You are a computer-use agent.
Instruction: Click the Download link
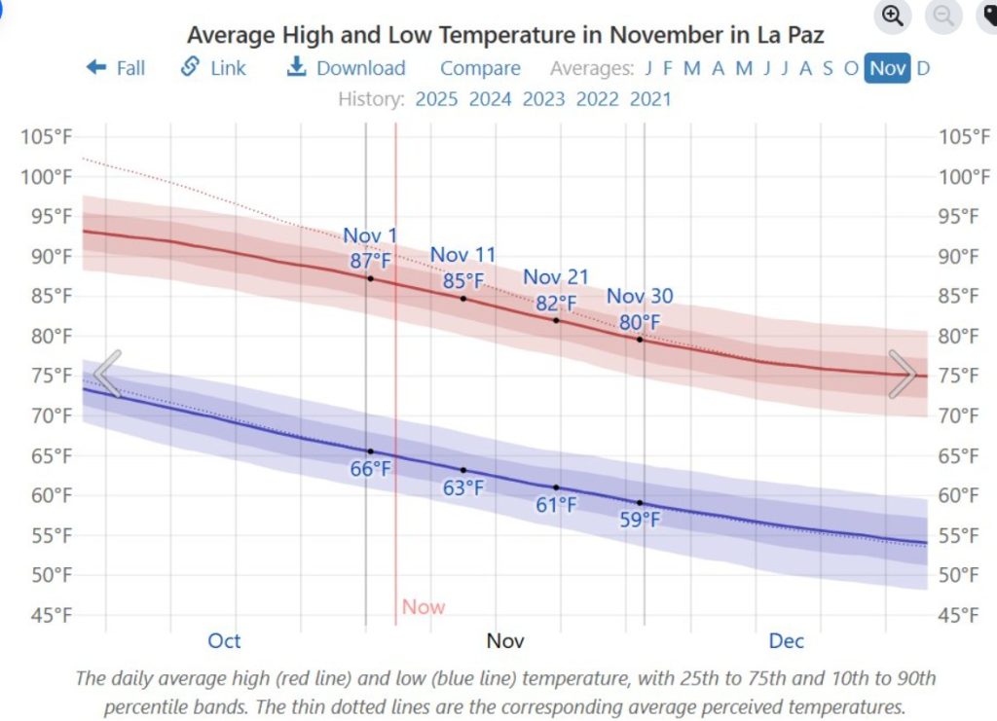pyautogui.click(x=347, y=68)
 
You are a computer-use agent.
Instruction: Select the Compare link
pyautogui.click(x=480, y=68)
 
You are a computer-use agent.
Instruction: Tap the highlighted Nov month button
pyautogui.click(x=887, y=68)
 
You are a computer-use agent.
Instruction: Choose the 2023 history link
pyautogui.click(x=543, y=98)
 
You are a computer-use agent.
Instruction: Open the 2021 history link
pyautogui.click(x=650, y=98)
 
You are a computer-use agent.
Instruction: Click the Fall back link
pyautogui.click(x=116, y=68)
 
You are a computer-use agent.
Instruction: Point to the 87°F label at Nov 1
pyautogui.click(x=370, y=261)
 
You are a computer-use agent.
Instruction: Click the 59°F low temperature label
pyautogui.click(x=640, y=520)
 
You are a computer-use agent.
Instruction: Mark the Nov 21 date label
pyautogui.click(x=556, y=277)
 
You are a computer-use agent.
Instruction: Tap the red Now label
pyautogui.click(x=424, y=607)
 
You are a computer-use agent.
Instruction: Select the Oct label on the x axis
pyautogui.click(x=224, y=640)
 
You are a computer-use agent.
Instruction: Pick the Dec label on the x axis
pyautogui.click(x=787, y=640)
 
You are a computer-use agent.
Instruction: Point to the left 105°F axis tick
pyautogui.click(x=47, y=136)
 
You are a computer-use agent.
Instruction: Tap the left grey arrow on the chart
pyautogui.click(x=107, y=374)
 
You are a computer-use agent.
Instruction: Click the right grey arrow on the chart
pyautogui.click(x=903, y=374)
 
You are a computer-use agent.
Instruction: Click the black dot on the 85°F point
pyautogui.click(x=463, y=298)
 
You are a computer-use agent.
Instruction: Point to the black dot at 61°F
pyautogui.click(x=556, y=487)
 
